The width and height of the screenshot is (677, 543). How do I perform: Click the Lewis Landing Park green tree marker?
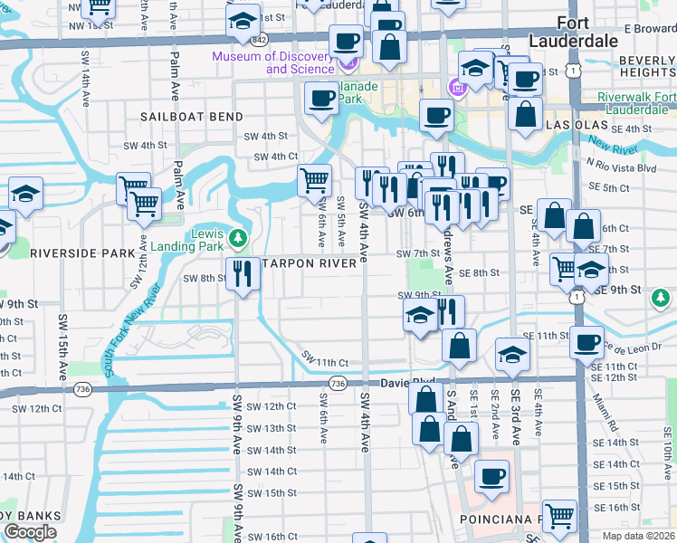click(x=238, y=239)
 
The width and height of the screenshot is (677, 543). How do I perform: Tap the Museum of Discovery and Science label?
click(x=273, y=62)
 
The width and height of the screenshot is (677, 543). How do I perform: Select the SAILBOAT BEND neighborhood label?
click(x=191, y=117)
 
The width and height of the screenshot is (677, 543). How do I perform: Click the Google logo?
click(x=30, y=531)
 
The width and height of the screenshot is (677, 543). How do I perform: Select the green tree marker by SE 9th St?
click(x=662, y=297)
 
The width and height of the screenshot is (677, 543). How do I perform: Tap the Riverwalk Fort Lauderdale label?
click(x=636, y=104)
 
